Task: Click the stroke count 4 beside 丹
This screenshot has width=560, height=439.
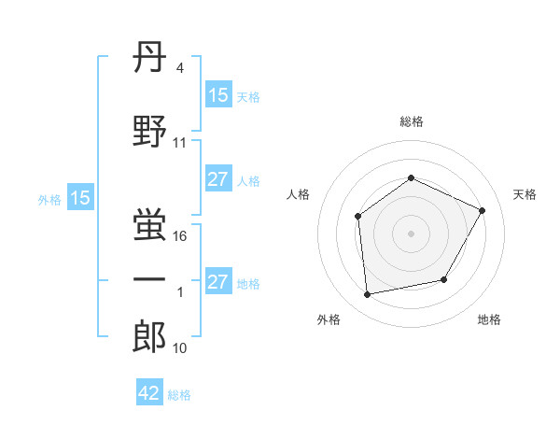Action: coord(179,68)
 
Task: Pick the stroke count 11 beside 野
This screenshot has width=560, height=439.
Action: coord(180,143)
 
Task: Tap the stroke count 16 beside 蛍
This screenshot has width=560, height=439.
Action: coord(181,236)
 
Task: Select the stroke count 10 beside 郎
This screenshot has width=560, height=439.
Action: coord(180,348)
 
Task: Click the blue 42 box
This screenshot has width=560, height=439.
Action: coord(149,393)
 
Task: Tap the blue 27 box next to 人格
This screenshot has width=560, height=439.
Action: coord(217,179)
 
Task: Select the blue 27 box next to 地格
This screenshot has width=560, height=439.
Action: coord(217,283)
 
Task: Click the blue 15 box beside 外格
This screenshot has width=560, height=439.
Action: coord(79,198)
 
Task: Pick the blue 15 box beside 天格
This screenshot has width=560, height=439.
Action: coord(217,95)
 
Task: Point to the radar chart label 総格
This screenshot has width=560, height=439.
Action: coord(411,121)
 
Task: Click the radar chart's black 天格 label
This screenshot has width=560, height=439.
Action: coord(525,194)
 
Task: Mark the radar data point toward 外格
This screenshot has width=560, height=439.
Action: coord(368,295)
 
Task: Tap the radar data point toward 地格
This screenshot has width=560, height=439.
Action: coord(444,279)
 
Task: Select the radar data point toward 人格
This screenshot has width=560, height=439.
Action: coord(358,217)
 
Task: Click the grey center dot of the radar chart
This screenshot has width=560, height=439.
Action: coord(411,234)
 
